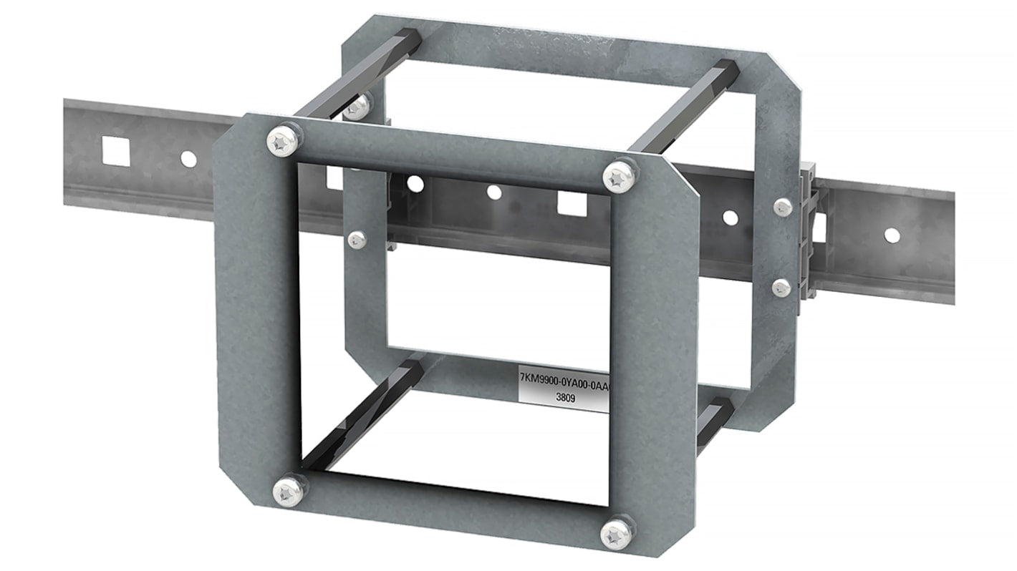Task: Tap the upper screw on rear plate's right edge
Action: coord(781,207)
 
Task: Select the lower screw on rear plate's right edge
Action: coord(781,288)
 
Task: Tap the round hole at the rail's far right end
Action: coord(890,234)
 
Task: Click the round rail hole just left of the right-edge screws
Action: coord(729,217)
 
